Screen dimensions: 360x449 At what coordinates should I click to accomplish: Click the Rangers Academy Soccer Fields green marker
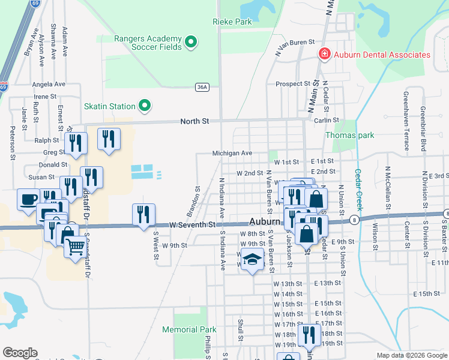tap(191, 42)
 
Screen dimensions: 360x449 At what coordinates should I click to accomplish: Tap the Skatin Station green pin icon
tap(144, 106)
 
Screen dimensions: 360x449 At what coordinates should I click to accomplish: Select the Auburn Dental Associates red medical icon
tap(325, 55)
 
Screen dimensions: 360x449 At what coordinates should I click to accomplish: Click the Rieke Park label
tap(232, 22)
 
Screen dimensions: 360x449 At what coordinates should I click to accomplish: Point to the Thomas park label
tap(349, 135)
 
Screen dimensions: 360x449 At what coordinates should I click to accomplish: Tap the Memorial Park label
tap(188, 329)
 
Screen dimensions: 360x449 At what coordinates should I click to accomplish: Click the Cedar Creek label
tap(359, 188)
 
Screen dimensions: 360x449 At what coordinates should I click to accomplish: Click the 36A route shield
tap(203, 87)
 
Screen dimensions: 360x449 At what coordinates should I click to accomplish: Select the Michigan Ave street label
tap(232, 154)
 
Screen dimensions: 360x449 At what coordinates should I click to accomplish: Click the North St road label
tap(194, 121)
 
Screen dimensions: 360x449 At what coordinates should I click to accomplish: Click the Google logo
tap(20, 353)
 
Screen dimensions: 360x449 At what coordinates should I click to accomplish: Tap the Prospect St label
tap(292, 84)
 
